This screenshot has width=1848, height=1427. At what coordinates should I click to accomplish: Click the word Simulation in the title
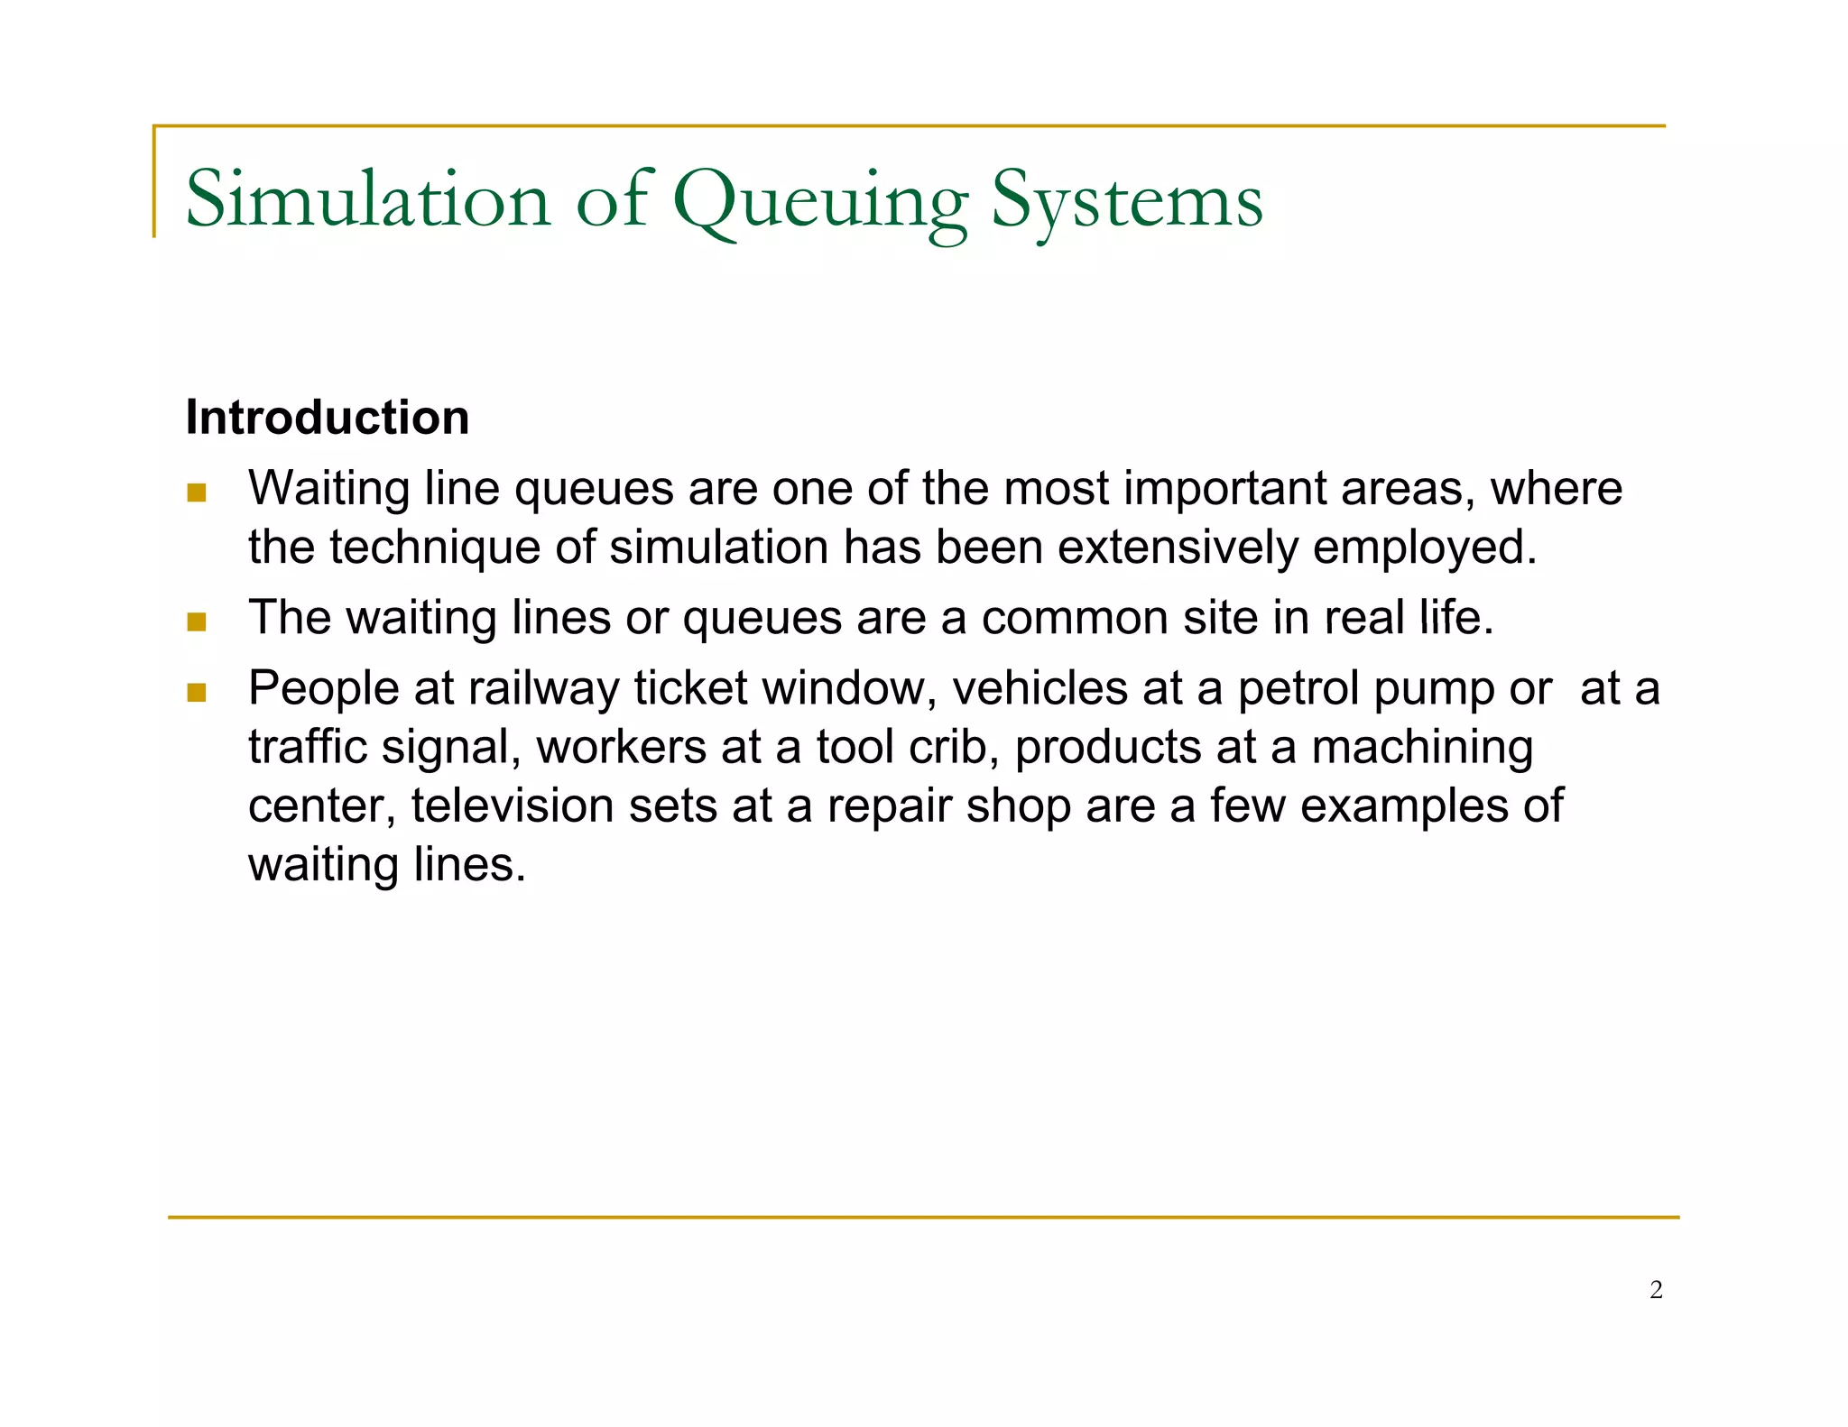click(367, 199)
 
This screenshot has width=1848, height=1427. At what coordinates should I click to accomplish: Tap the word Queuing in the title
click(820, 202)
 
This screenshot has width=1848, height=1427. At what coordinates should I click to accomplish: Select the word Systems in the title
click(1127, 202)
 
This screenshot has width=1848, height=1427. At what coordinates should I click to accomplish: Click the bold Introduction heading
click(327, 418)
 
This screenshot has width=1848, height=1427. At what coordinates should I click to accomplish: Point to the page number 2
click(1656, 1290)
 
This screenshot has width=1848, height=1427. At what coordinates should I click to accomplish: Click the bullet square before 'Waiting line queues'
click(197, 493)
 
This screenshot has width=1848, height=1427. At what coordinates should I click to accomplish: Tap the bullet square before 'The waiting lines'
click(197, 621)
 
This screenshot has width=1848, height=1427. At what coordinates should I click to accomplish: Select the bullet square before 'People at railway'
click(197, 692)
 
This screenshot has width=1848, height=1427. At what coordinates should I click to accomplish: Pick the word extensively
click(1178, 548)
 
